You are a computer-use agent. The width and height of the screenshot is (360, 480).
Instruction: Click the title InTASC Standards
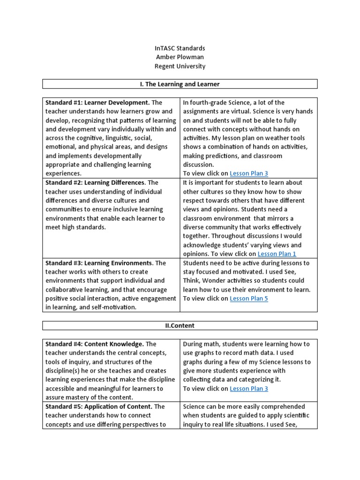tap(180, 48)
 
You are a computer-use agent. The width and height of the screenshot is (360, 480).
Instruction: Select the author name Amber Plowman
tap(180, 57)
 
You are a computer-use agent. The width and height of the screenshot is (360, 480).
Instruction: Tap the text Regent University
tap(180, 66)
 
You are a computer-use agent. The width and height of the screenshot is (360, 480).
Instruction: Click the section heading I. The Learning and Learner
tap(180, 84)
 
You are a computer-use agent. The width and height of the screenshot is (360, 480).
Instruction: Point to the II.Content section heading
tap(180, 326)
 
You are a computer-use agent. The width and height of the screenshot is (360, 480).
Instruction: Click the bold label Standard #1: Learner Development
tap(97, 103)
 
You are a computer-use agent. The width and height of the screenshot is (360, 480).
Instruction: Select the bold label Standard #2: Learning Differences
tap(95, 183)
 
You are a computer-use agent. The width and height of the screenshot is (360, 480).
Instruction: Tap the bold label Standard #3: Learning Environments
tap(98, 263)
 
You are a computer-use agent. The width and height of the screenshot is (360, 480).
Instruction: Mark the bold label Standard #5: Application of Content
tap(98, 406)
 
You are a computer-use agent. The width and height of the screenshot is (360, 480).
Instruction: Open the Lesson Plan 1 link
tap(277, 254)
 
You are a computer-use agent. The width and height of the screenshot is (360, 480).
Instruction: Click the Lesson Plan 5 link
tap(249, 299)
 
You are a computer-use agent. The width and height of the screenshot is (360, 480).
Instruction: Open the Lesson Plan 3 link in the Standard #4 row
tap(249, 389)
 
